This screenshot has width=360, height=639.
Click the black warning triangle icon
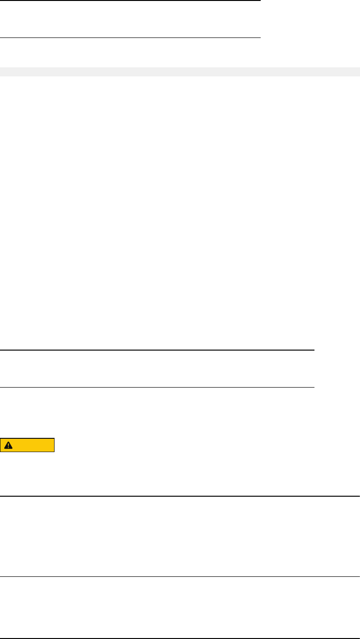[x=8, y=445]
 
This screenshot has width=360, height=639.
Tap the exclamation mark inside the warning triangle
[x=8, y=446]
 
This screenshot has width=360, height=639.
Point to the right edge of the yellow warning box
[x=54, y=445]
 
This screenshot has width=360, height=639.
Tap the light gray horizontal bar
[x=180, y=72]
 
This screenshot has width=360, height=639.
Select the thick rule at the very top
[x=130, y=0]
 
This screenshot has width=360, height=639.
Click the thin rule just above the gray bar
[x=130, y=37]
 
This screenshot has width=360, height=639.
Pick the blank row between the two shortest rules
[x=130, y=19]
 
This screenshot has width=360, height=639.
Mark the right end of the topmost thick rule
[x=260, y=0]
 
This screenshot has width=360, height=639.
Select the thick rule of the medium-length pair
[x=157, y=350]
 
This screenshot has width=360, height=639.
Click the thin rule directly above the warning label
[x=157, y=387]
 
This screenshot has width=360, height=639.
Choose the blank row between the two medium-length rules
[x=157, y=369]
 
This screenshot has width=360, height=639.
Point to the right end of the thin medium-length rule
[x=314, y=387]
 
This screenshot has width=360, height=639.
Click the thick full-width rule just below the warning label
[x=180, y=496]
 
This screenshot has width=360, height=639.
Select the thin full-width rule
[x=180, y=577]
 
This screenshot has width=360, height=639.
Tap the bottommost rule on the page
[x=180, y=637]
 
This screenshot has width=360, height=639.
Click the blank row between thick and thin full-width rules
[x=180, y=537]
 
